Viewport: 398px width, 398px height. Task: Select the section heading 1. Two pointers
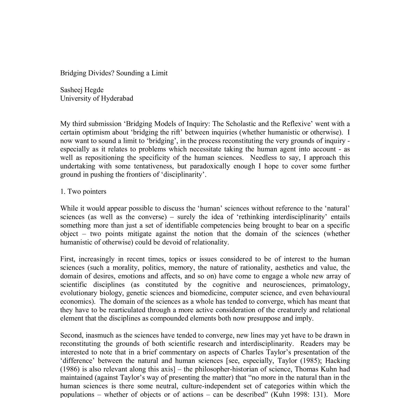[x=83, y=192]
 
